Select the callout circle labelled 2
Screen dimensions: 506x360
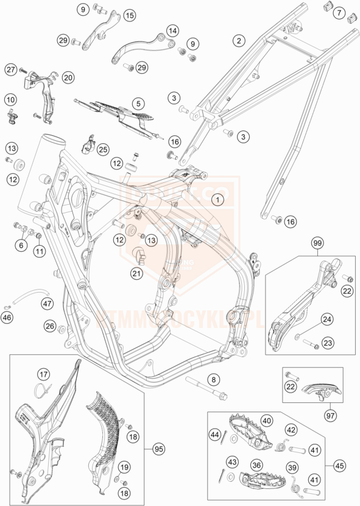pyautogui.click(x=240, y=41)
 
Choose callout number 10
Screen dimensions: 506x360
pyautogui.click(x=10, y=99)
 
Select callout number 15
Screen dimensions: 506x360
pyautogui.click(x=129, y=15)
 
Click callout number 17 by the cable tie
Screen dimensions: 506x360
pyautogui.click(x=43, y=374)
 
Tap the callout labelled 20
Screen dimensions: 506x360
pyautogui.click(x=67, y=77)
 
